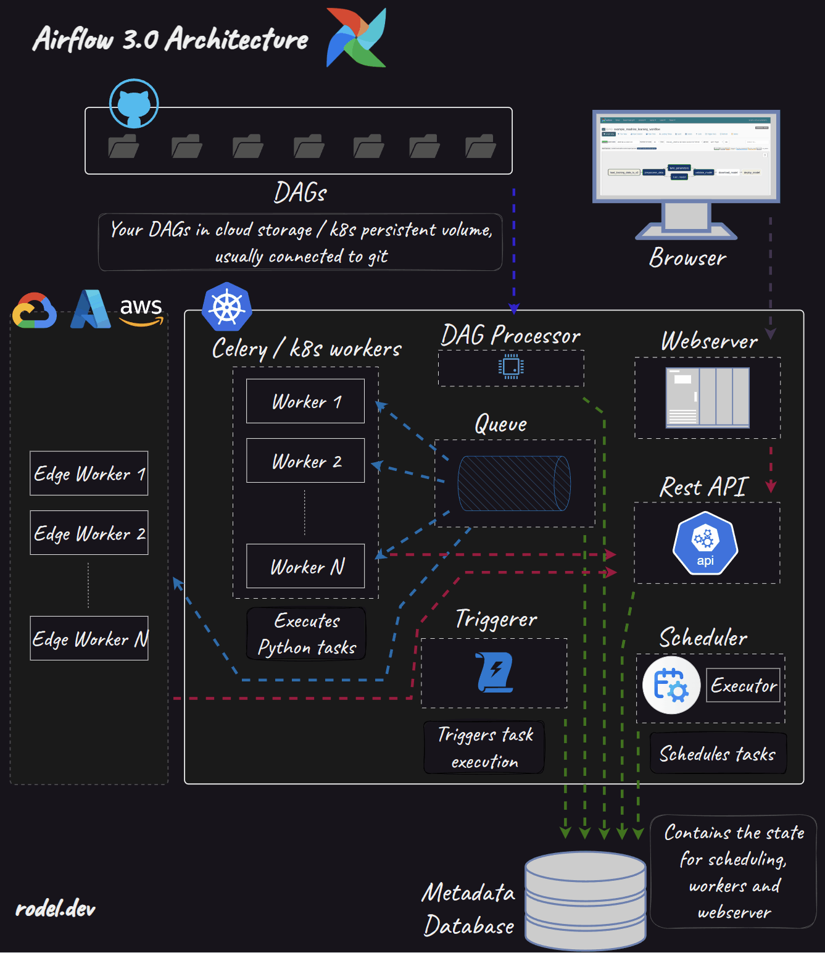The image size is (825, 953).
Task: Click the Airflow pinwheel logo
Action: pyautogui.click(x=357, y=38)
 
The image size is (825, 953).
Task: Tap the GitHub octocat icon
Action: pyautogui.click(x=134, y=104)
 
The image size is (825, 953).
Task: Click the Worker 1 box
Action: pyautogui.click(x=305, y=401)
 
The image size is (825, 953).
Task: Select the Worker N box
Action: pyautogui.click(x=305, y=566)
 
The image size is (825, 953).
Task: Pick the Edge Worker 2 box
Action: pyautogui.click(x=89, y=533)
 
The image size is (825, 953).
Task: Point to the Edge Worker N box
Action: pyautogui.click(x=89, y=638)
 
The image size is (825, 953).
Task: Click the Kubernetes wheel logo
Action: pyautogui.click(x=226, y=307)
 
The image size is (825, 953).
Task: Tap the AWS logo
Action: pyautogui.click(x=141, y=310)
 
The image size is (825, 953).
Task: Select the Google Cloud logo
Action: pyautogui.click(x=35, y=310)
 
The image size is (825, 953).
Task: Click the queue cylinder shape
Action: pyautogui.click(x=514, y=483)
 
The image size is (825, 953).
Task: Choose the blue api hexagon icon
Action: pyautogui.click(x=705, y=543)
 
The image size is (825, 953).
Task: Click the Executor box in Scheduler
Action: pyautogui.click(x=743, y=685)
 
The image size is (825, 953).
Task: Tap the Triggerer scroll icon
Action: pyautogui.click(x=495, y=672)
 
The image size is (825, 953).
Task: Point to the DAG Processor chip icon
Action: pyautogui.click(x=511, y=367)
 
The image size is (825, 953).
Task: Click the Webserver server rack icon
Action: pyautogui.click(x=707, y=397)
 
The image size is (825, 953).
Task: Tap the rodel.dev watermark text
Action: pyautogui.click(x=56, y=909)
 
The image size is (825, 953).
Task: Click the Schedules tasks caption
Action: pyautogui.click(x=718, y=754)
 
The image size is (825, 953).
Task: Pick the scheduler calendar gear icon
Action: pyautogui.click(x=671, y=685)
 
